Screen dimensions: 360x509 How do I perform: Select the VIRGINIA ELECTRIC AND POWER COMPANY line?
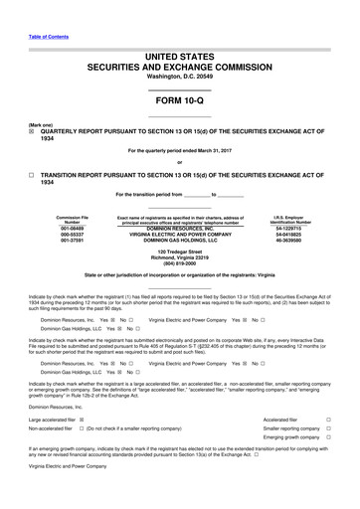click(x=179, y=234)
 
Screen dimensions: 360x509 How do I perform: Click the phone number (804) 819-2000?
click(x=179, y=263)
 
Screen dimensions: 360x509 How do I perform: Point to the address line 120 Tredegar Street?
click(x=179, y=251)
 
